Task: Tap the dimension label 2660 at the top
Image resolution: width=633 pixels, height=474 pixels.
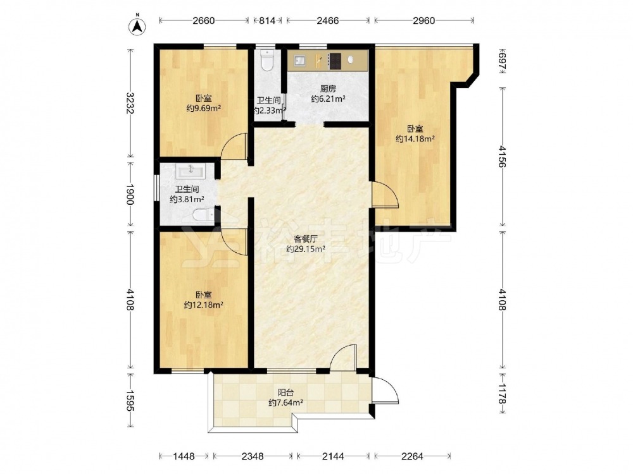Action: pyautogui.click(x=203, y=21)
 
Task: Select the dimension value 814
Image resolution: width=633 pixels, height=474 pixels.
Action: pyautogui.click(x=267, y=21)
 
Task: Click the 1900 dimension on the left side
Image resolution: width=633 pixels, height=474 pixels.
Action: pyautogui.click(x=129, y=194)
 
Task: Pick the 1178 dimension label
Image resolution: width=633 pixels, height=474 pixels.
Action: pyautogui.click(x=502, y=393)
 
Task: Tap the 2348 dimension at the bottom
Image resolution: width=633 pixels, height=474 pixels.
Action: pyautogui.click(x=253, y=456)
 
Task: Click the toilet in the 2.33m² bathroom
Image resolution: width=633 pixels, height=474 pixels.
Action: pyautogui.click(x=267, y=61)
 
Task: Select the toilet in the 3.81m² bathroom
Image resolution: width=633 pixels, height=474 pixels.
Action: pyautogui.click(x=204, y=216)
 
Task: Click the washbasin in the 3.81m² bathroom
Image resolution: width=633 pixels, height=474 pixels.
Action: pyautogui.click(x=191, y=171)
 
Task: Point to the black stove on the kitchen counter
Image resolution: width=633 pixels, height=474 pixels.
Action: pyautogui.click(x=335, y=61)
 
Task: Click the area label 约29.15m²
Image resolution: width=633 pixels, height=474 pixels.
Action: pyautogui.click(x=306, y=250)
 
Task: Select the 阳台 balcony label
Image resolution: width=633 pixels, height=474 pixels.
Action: pyautogui.click(x=285, y=392)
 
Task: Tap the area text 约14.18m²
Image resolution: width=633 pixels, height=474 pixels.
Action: pyautogui.click(x=415, y=139)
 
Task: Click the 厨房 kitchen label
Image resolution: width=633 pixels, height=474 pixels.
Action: pyautogui.click(x=328, y=88)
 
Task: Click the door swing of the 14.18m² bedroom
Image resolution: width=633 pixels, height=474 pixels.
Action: pyautogui.click(x=386, y=195)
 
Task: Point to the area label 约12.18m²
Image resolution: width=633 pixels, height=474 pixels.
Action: pyautogui.click(x=203, y=305)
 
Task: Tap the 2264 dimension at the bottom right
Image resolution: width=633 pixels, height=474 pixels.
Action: pyautogui.click(x=412, y=456)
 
